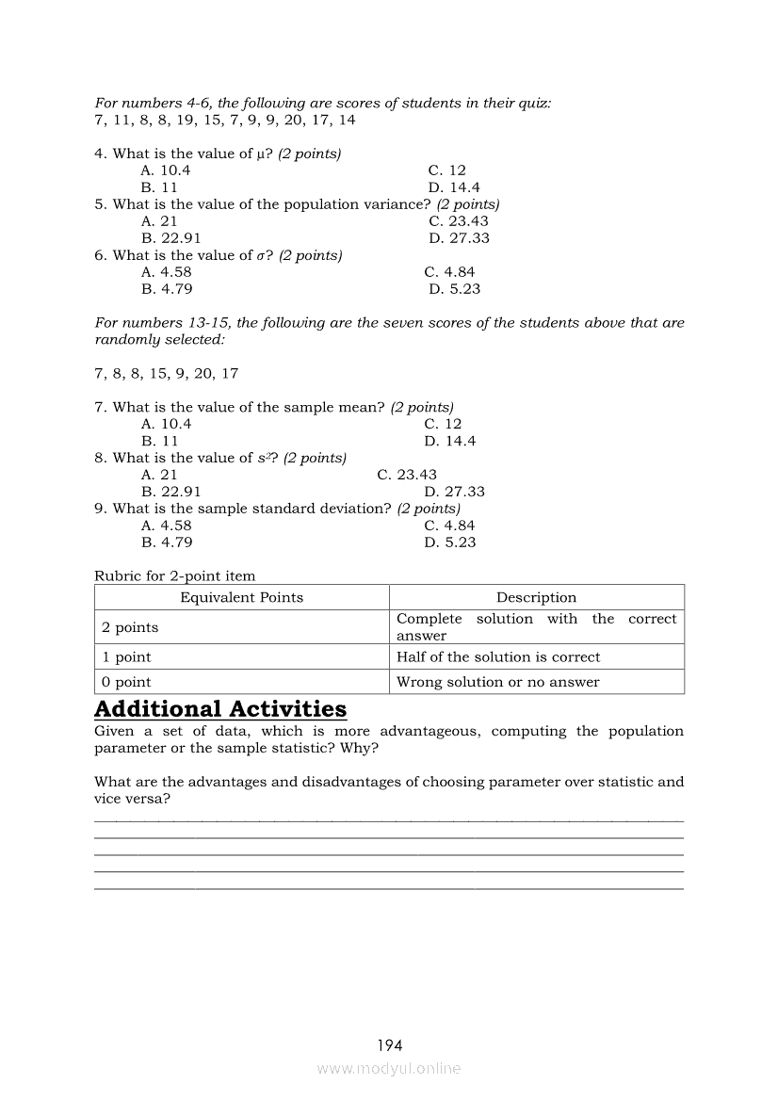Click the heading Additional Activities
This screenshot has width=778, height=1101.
220,709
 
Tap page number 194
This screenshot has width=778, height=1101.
389,1045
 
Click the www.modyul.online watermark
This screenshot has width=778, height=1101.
389,1069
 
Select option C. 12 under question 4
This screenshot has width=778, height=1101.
446,170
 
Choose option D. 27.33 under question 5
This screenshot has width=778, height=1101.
459,238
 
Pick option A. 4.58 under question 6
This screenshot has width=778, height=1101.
167,272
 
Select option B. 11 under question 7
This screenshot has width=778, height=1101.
160,441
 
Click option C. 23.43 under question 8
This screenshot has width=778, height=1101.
407,475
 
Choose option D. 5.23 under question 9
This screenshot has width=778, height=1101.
450,542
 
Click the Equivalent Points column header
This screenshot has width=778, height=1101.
242,597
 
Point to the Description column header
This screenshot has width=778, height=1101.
536,597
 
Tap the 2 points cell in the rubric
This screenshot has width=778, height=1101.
130,627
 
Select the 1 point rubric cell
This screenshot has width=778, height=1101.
126,657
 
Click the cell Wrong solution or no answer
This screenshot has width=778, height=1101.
497,682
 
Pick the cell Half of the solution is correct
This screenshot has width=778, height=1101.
498,657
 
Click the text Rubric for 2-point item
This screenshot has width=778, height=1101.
175,575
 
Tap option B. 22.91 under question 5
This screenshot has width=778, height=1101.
171,238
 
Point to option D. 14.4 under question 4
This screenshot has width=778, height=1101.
454,187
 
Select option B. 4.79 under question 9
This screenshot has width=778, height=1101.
167,542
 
